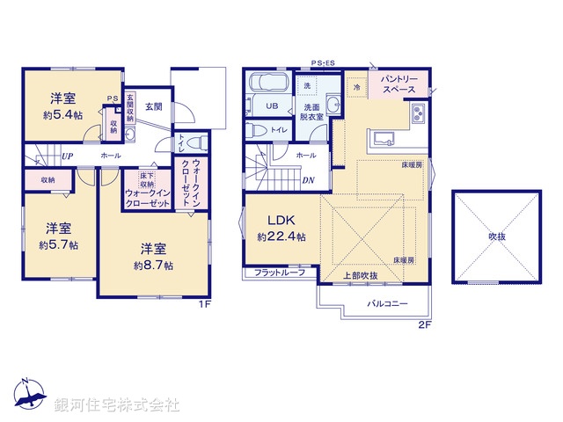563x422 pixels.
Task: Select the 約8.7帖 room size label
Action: click(153, 265)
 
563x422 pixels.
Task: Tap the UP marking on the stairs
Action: click(66, 156)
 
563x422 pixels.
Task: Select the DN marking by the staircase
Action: click(309, 181)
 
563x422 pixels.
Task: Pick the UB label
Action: click(272, 106)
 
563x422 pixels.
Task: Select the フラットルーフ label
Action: click(279, 273)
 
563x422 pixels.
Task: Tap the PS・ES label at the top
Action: click(324, 63)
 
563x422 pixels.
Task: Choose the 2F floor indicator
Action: click(425, 324)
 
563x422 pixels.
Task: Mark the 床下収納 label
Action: click(133, 179)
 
